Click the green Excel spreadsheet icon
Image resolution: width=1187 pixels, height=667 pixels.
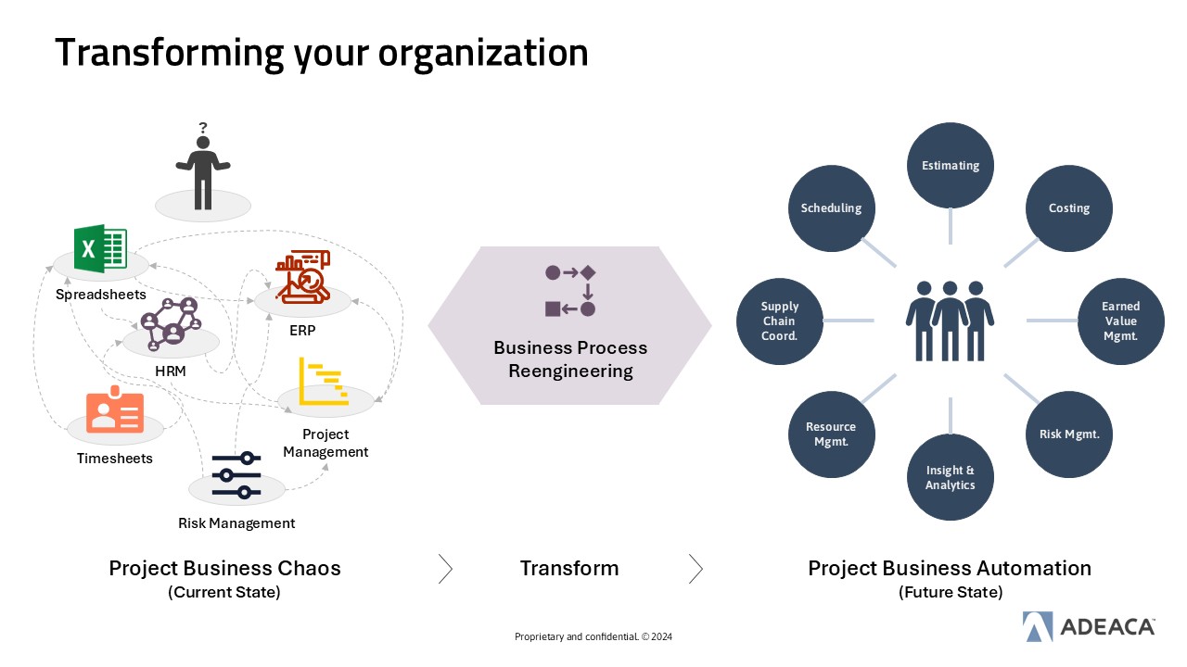pos(100,247)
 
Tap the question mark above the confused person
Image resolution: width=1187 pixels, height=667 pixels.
pos(202,128)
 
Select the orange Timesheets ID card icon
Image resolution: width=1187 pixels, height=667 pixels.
pos(115,412)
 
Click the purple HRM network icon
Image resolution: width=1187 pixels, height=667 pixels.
pos(170,324)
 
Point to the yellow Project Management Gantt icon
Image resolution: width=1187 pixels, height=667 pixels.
pos(324,381)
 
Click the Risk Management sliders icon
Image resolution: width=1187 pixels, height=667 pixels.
pos(236,474)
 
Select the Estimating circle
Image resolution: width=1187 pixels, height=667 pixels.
pos(950,166)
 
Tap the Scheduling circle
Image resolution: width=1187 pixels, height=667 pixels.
pos(831,208)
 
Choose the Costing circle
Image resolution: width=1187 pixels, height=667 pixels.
pos(1068,208)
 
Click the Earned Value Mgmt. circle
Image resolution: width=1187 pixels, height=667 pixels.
pos(1120,321)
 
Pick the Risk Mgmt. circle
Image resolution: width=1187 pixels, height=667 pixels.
pos(1068,434)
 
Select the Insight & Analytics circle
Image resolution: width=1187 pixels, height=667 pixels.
pos(950,478)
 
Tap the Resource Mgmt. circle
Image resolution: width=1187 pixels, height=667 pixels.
pos(831,434)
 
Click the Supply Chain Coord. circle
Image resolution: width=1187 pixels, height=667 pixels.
pos(779,321)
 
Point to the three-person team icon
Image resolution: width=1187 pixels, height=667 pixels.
pos(950,320)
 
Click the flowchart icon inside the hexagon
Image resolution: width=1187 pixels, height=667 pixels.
pos(569,291)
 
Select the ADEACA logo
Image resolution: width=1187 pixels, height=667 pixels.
pos(1089,627)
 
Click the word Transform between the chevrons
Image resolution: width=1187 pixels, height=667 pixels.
pos(568,568)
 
